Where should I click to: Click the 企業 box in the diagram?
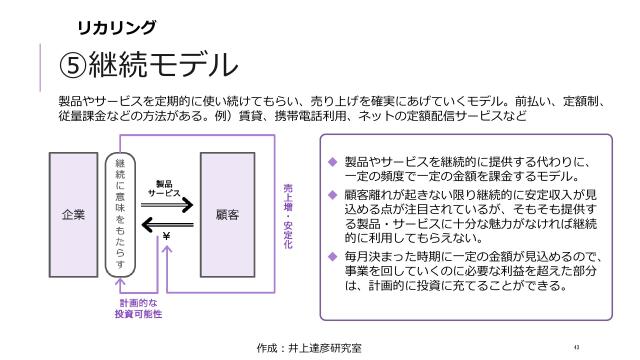pos(74,215)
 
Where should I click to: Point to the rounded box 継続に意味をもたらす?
pos(121,215)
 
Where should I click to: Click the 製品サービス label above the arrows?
pos(164,187)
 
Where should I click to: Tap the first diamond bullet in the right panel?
pos(332,161)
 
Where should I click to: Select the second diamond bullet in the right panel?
pos(332,189)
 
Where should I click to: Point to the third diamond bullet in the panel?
pos(332,257)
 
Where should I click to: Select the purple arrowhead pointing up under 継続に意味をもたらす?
pos(121,284)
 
